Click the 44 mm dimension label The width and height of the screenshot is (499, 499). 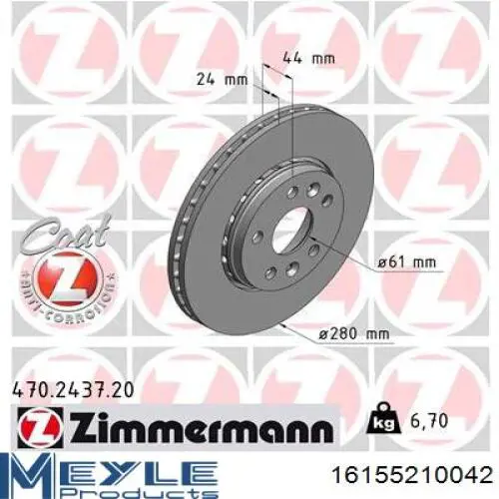308,59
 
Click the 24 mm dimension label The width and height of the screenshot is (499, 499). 223,80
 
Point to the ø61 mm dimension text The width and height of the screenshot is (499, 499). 406,262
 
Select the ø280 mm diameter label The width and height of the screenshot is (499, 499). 353,335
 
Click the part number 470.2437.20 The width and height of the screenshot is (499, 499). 73,390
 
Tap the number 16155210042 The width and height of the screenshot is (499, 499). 412,475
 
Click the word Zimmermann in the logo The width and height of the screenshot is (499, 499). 202,426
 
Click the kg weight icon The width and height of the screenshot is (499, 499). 382,420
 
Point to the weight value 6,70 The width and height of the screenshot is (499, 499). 429,421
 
